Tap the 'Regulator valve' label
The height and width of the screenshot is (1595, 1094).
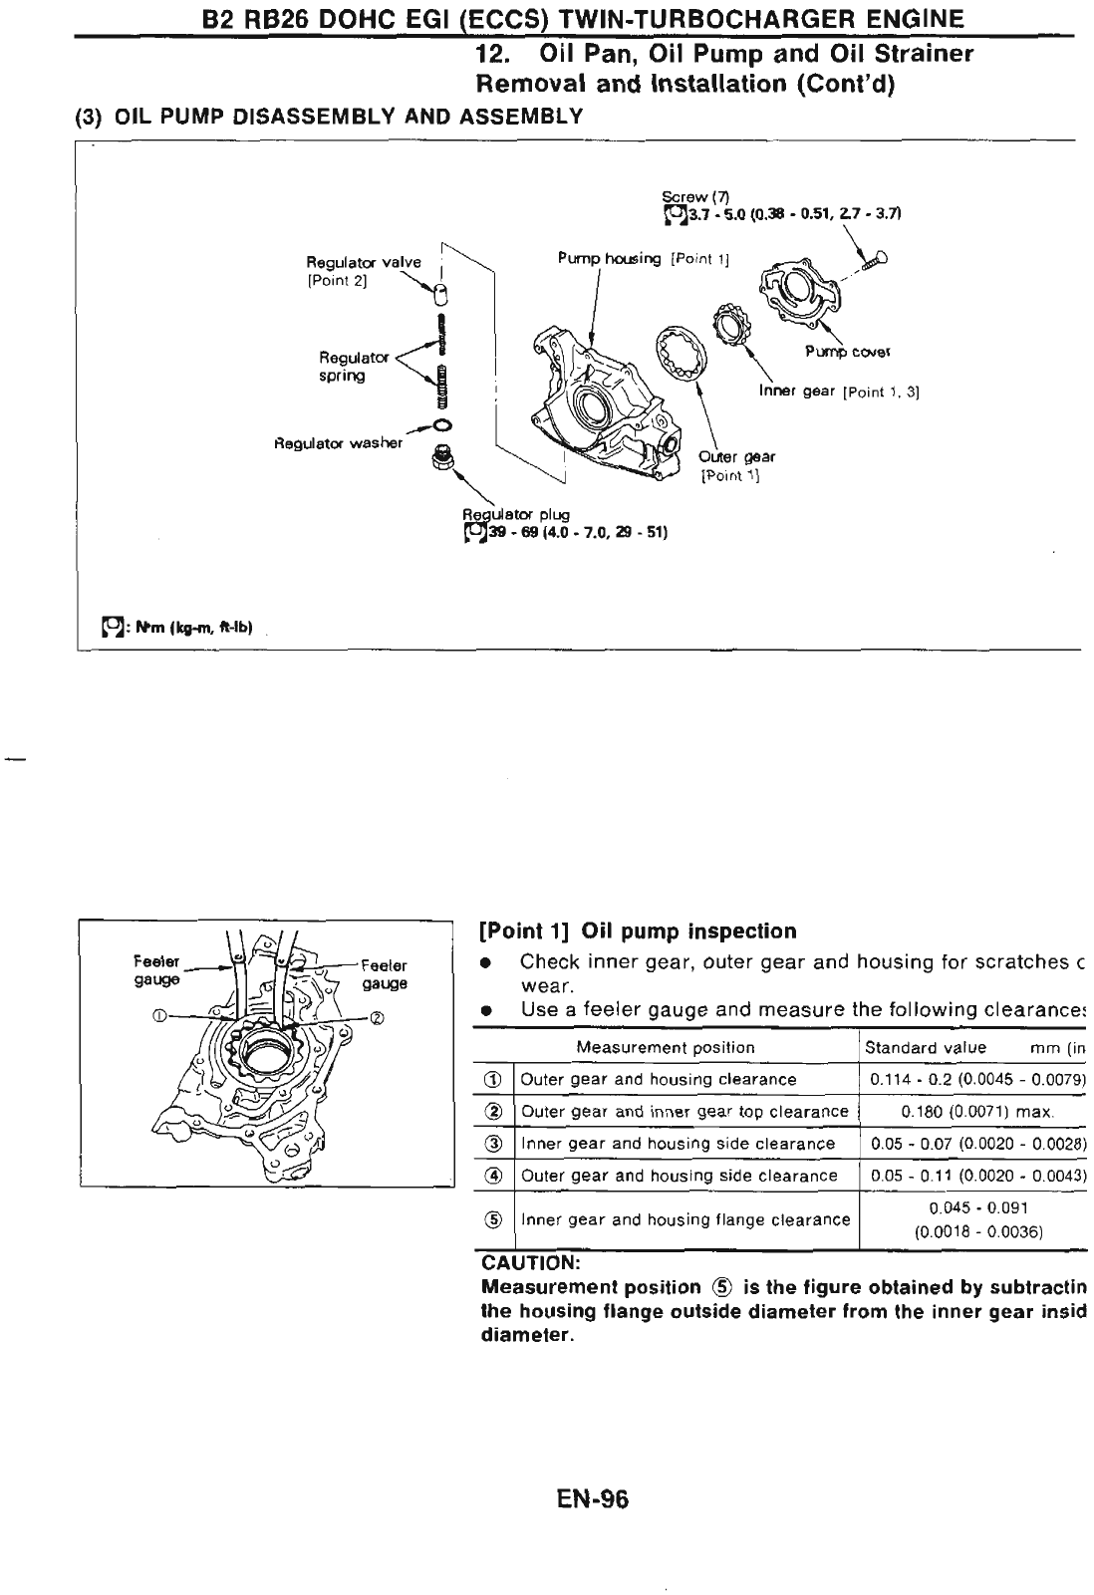pyautogui.click(x=363, y=263)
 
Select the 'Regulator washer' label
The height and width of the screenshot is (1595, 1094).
pyautogui.click(x=338, y=442)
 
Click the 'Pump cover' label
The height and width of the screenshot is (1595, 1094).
pyautogui.click(x=847, y=351)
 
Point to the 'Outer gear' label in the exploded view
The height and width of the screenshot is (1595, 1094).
pyautogui.click(x=736, y=456)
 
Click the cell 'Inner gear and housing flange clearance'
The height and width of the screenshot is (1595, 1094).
pyautogui.click(x=685, y=1219)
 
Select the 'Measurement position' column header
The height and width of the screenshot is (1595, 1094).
pyautogui.click(x=666, y=1047)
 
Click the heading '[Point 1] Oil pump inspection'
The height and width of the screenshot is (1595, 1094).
pyautogui.click(x=638, y=931)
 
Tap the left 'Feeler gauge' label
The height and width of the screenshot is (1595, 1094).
pyautogui.click(x=156, y=970)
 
